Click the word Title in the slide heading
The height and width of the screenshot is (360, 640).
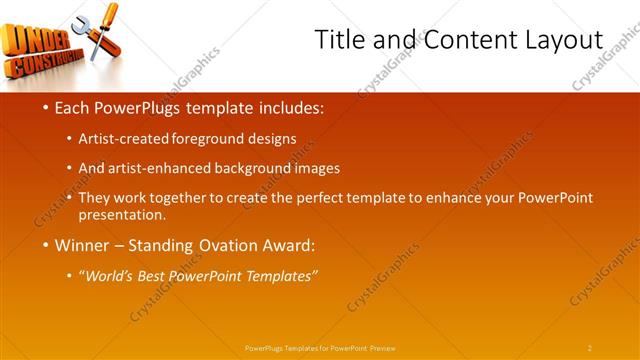click(337, 40)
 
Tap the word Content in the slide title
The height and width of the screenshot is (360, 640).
click(465, 40)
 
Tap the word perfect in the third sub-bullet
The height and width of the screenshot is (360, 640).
click(331, 197)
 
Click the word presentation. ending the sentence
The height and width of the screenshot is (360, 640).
click(129, 214)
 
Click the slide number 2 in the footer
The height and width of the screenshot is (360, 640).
click(590, 348)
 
